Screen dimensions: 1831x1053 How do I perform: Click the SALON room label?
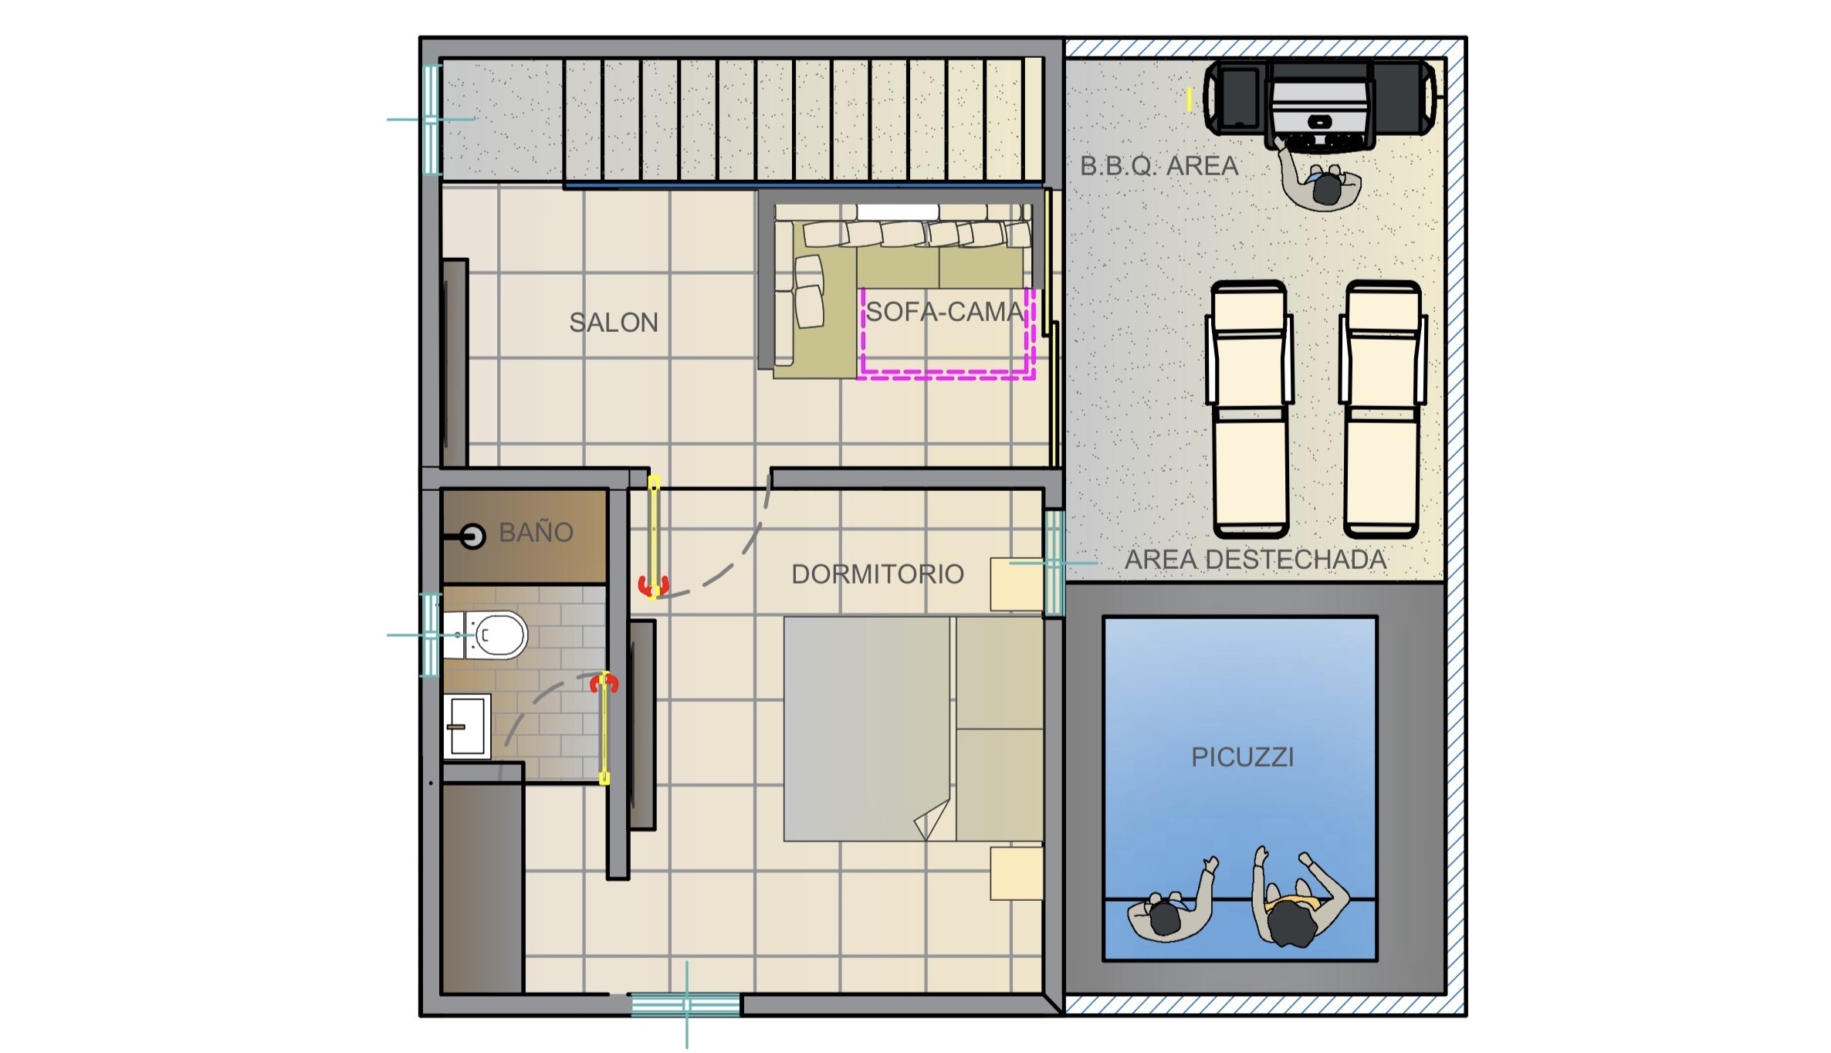(x=614, y=322)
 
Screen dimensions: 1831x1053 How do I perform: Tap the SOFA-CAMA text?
(x=945, y=311)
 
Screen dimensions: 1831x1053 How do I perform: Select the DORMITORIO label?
(x=878, y=574)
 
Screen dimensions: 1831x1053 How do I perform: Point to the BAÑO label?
(x=536, y=532)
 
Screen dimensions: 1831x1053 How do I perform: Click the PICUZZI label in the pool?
(x=1242, y=757)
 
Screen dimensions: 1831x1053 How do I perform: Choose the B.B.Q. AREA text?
(x=1159, y=165)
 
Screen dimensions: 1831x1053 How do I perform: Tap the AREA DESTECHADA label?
(x=1255, y=559)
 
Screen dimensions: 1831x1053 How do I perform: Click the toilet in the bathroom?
(x=486, y=635)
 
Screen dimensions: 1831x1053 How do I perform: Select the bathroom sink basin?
(x=467, y=726)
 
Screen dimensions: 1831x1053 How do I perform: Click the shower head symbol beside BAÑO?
(x=472, y=536)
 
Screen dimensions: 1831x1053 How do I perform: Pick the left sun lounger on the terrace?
(x=1250, y=409)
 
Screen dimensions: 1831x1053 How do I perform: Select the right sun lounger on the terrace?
(x=1383, y=409)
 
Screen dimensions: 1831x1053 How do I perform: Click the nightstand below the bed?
(x=1017, y=873)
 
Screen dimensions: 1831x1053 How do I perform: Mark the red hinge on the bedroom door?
(x=652, y=587)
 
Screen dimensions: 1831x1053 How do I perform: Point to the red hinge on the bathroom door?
(x=604, y=682)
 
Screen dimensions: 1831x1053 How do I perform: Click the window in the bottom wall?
(x=685, y=1004)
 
